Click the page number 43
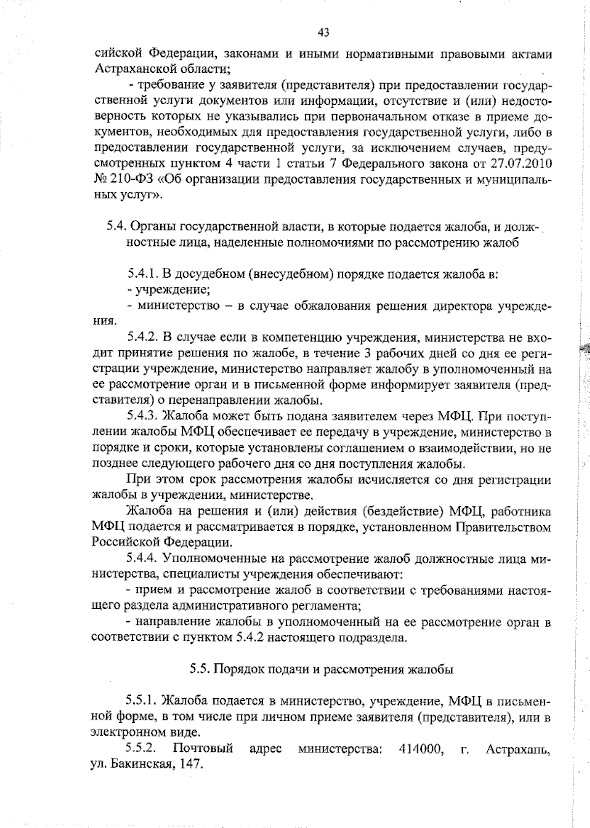pyautogui.click(x=324, y=32)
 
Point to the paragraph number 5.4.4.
pyautogui.click(x=142, y=558)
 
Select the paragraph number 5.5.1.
pyautogui.click(x=141, y=700)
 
